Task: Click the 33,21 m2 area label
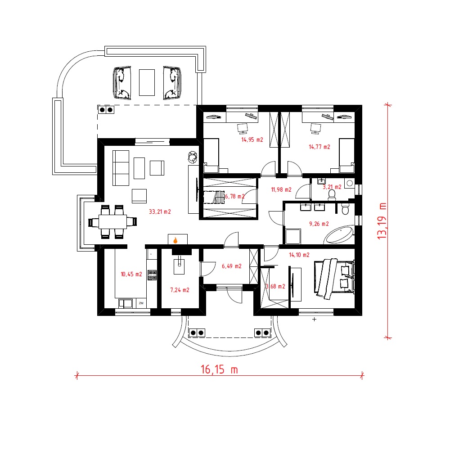click(x=160, y=212)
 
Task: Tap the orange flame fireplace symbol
click(x=175, y=240)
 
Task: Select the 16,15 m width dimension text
click(x=219, y=369)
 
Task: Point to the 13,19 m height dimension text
click(x=382, y=221)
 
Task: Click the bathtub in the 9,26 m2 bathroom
click(x=339, y=235)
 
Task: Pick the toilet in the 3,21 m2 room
click(x=332, y=194)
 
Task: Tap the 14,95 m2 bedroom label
click(x=252, y=140)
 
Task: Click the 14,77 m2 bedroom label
click(x=319, y=147)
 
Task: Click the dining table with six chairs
click(x=112, y=221)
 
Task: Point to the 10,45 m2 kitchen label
click(x=131, y=274)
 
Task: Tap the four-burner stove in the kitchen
click(x=152, y=275)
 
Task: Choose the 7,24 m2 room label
click(x=180, y=290)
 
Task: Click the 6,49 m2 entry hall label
click(x=232, y=266)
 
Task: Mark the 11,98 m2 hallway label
click(x=281, y=190)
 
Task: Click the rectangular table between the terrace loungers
click(x=147, y=82)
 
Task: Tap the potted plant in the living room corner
click(x=193, y=157)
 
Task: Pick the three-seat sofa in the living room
click(x=121, y=168)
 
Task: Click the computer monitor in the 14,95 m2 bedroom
click(x=243, y=128)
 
